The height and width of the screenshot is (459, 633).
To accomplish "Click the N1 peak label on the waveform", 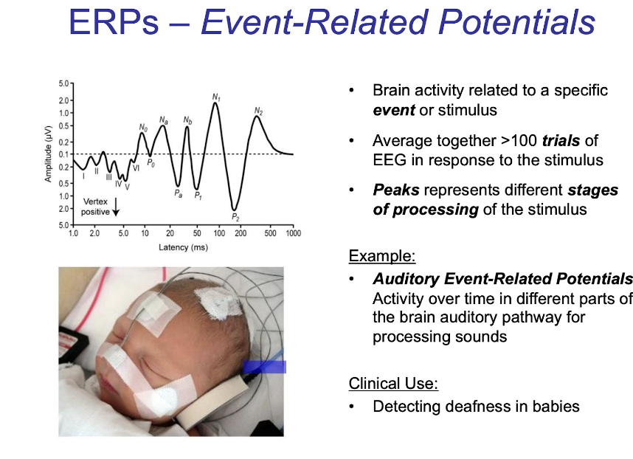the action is point(216,97).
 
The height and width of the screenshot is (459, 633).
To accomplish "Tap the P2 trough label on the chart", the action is point(235,217).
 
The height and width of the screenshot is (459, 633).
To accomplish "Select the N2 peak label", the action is point(258,111).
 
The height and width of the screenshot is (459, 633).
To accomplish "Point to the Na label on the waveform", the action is point(164,120).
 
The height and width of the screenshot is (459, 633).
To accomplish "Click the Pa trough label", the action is point(178,194).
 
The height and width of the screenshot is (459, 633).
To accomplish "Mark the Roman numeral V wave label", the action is point(127,187).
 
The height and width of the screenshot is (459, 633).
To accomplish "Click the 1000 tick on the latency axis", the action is point(294,233).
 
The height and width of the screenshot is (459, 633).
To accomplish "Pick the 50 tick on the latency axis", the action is point(197,233).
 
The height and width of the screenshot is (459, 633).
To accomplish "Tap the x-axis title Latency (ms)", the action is point(183,247).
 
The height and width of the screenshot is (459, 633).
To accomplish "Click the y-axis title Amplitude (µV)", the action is point(48,154).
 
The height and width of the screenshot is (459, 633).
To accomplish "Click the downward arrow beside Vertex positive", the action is point(116,207).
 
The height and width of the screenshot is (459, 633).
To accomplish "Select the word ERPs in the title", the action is point(114,22).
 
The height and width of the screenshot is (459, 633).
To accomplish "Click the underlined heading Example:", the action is point(382,256).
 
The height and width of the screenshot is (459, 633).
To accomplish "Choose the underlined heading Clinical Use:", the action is point(393,384).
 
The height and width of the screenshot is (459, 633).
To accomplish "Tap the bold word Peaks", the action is point(396,190).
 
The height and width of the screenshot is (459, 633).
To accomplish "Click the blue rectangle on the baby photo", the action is point(264,367).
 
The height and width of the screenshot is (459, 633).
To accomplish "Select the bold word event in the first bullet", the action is point(394,110).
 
